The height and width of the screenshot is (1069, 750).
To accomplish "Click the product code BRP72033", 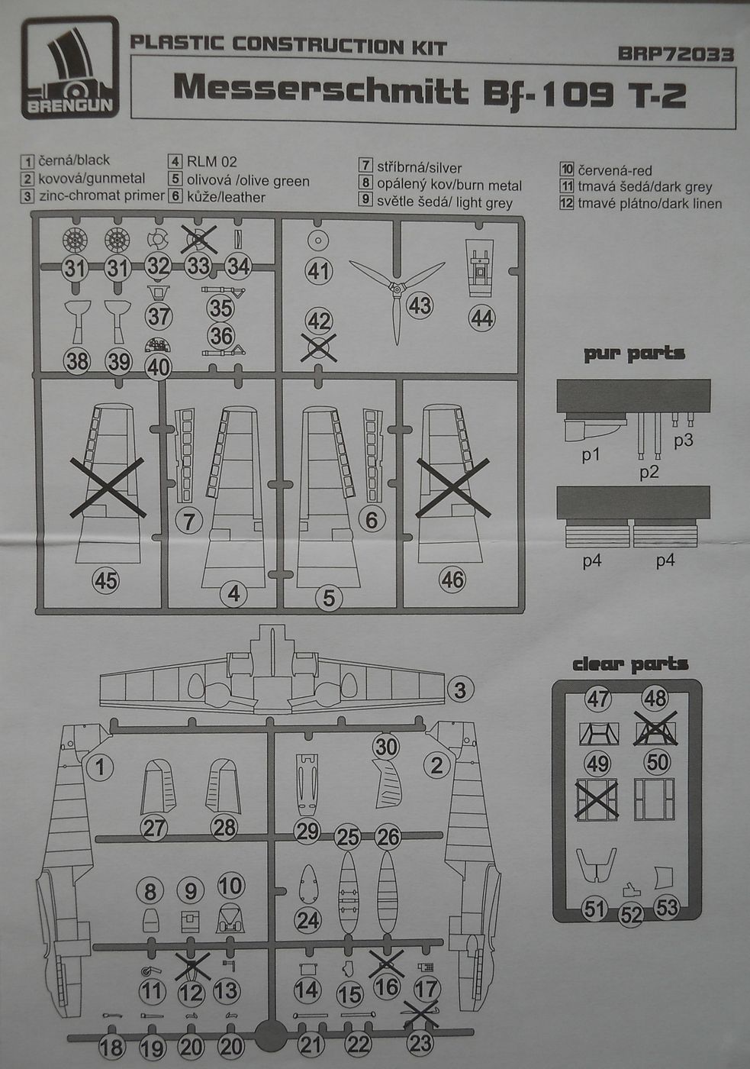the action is (x=675, y=55).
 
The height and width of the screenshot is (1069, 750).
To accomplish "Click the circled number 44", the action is (x=482, y=317).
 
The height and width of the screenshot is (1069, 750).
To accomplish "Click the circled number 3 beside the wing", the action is (x=459, y=690).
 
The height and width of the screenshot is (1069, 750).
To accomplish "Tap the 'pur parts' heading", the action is (x=634, y=354).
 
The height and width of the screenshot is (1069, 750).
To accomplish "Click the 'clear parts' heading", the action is (x=630, y=664).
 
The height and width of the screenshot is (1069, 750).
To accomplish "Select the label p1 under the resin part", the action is (x=591, y=456).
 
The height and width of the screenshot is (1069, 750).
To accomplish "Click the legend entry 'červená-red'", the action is (x=607, y=170).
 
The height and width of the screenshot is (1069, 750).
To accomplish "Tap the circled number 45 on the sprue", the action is (x=105, y=581).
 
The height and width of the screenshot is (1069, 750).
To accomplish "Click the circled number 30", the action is (x=386, y=746).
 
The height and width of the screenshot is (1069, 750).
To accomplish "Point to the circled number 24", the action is (x=308, y=920).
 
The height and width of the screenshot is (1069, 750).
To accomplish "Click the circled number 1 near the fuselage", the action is (x=100, y=766).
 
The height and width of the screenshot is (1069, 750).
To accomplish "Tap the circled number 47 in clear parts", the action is (x=598, y=698).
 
